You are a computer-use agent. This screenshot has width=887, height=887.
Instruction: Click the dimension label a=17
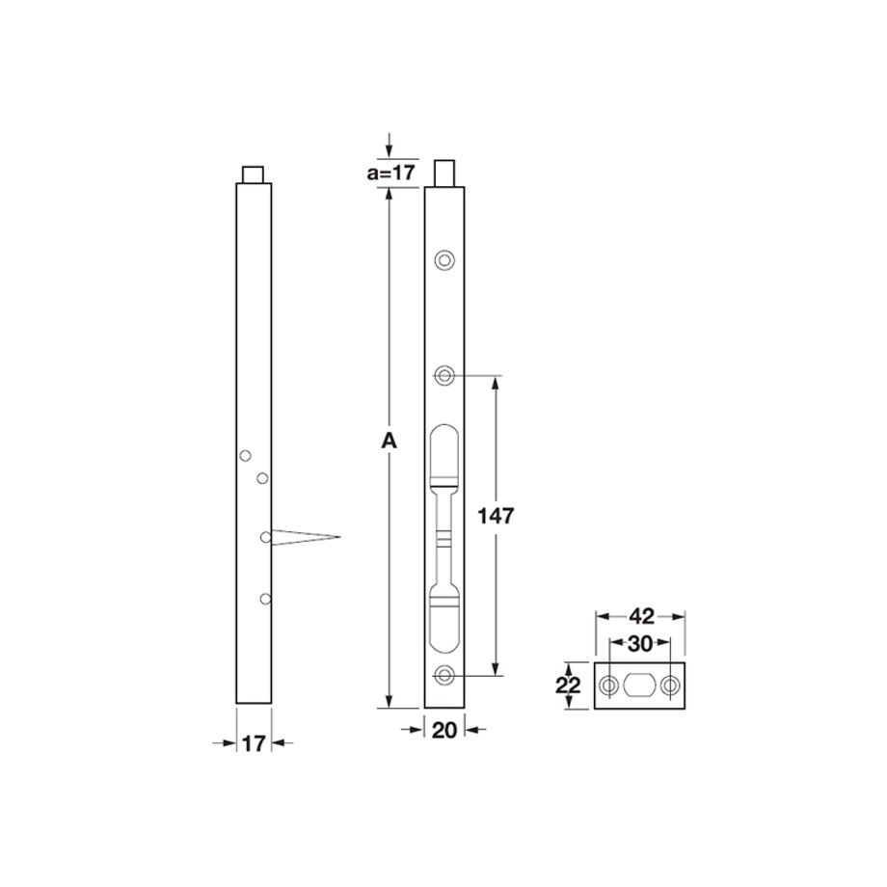click(390, 172)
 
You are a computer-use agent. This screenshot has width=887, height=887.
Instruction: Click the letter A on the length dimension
click(389, 441)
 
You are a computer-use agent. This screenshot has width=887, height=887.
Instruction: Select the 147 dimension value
click(497, 516)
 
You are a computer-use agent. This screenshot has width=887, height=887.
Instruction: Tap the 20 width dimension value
click(444, 730)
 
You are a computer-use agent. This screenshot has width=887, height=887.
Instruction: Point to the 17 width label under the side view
click(254, 744)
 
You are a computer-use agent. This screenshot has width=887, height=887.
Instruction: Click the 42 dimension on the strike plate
click(641, 616)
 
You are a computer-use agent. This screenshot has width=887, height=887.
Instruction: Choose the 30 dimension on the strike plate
click(640, 643)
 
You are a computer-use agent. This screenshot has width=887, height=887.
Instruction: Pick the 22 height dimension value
click(568, 685)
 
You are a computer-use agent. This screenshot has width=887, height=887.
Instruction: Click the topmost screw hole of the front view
click(444, 260)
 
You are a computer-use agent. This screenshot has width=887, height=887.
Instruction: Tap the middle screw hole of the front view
click(444, 375)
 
